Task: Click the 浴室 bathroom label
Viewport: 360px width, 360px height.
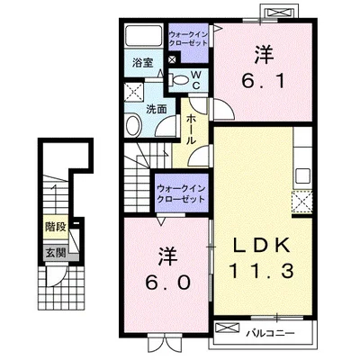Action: pyautogui.click(x=143, y=63)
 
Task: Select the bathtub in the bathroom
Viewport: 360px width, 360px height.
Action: pyautogui.click(x=143, y=36)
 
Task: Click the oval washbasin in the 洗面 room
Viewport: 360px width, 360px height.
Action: pyautogui.click(x=133, y=126)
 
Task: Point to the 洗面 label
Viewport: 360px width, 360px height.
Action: pyautogui.click(x=157, y=109)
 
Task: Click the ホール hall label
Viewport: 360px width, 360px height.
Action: pyautogui.click(x=192, y=130)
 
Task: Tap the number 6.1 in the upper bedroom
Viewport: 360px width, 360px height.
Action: pyautogui.click(x=264, y=69)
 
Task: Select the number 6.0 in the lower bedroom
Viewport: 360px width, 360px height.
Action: pyautogui.click(x=168, y=269)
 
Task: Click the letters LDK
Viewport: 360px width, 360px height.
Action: pyautogui.click(x=262, y=246)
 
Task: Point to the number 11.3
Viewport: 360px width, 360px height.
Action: pyautogui.click(x=261, y=271)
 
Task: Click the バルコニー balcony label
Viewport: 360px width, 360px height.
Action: pyautogui.click(x=271, y=333)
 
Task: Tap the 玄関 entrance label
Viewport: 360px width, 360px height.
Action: pyautogui.click(x=55, y=254)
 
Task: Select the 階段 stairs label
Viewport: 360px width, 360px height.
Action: pyautogui.click(x=55, y=227)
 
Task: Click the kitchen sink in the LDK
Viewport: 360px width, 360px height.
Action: pyautogui.click(x=302, y=175)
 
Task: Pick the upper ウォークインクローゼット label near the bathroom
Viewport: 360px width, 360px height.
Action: pyautogui.click(x=188, y=38)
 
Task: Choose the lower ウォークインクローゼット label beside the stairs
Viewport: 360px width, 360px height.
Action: pyautogui.click(x=181, y=193)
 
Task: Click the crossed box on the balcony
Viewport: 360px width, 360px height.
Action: pyautogui.click(x=228, y=328)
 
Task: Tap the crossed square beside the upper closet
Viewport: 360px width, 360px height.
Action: pyautogui.click(x=173, y=59)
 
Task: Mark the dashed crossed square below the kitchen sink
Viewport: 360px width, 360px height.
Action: pyautogui.click(x=302, y=202)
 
